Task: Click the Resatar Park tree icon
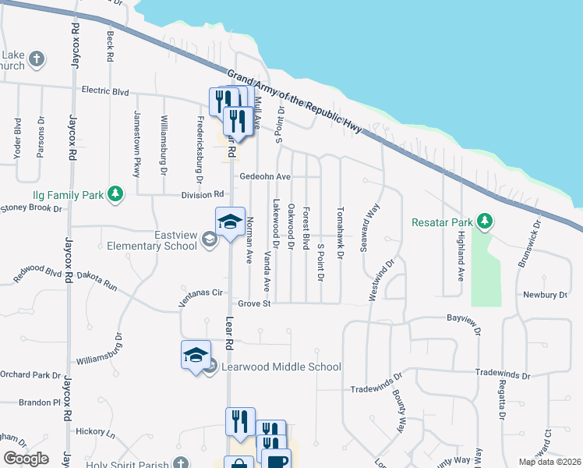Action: (485, 222)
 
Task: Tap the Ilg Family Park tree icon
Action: (115, 193)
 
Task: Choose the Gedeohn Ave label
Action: (265, 177)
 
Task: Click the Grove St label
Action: (254, 303)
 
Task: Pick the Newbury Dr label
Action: (546, 295)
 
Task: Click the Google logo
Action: (26, 459)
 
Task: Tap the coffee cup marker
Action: (277, 460)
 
